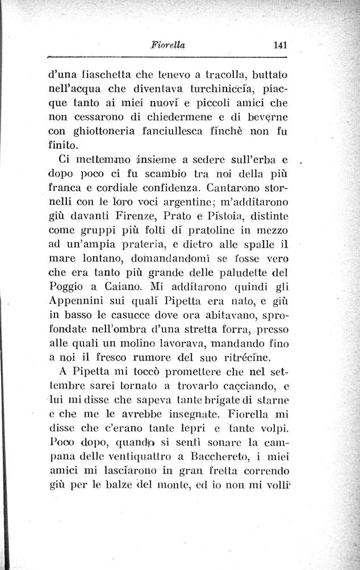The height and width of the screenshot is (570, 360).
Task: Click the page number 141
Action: pos(278,45)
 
